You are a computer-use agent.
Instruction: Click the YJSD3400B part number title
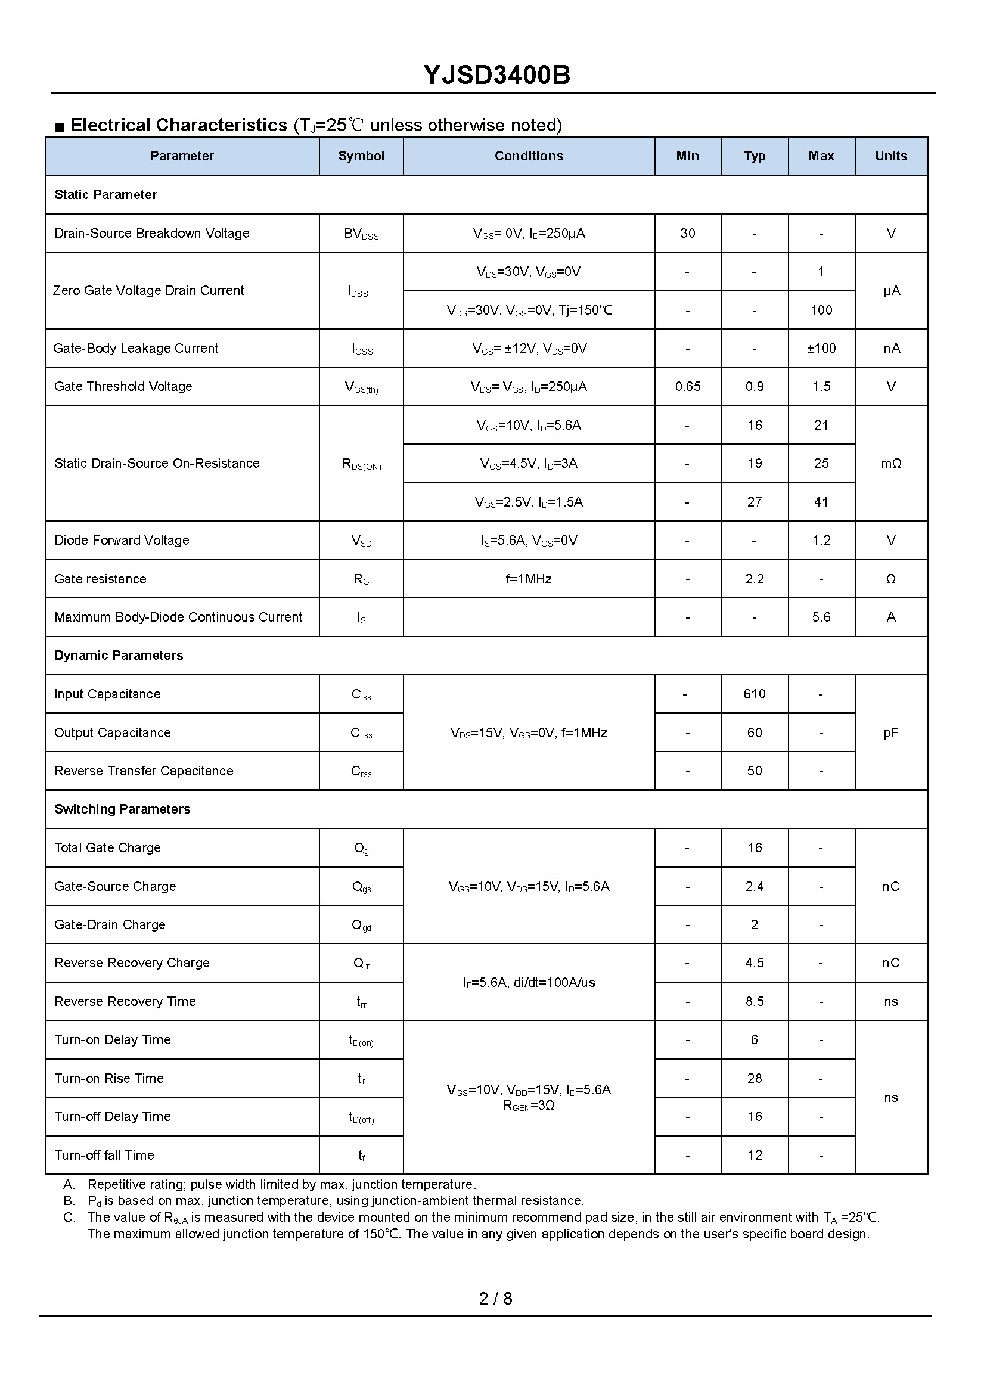tap(496, 75)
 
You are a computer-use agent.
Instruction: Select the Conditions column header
tap(528, 156)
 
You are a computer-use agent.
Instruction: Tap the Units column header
tap(890, 156)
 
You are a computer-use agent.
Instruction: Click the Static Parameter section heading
tap(105, 195)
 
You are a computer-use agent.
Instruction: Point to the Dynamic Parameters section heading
tap(119, 656)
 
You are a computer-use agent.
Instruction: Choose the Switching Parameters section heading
tap(122, 809)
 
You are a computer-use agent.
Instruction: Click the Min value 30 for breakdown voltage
tap(687, 234)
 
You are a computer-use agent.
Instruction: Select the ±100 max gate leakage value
tap(821, 349)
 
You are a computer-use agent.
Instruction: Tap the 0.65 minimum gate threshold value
tap(687, 387)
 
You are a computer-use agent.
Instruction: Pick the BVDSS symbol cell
tap(361, 234)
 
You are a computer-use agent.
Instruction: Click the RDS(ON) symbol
tap(362, 464)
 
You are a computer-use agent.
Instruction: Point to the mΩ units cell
tap(890, 464)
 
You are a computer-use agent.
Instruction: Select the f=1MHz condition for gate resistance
tap(528, 579)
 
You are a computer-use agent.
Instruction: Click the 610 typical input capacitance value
tap(754, 694)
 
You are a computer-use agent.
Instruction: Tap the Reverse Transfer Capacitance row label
tap(144, 771)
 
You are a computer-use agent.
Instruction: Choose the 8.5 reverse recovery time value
tap(754, 1001)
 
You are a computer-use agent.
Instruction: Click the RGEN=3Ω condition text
tap(528, 1106)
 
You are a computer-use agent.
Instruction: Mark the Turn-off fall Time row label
tap(104, 1155)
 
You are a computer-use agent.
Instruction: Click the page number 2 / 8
tap(495, 1299)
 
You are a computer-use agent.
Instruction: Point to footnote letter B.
tap(69, 1201)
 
